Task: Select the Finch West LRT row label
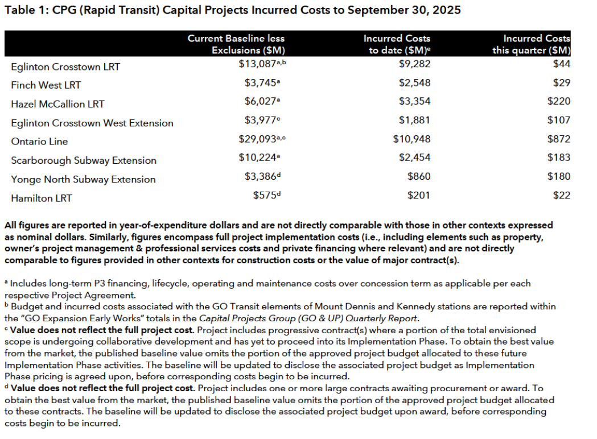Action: click(46, 85)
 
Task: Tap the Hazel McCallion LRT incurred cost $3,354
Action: click(415, 101)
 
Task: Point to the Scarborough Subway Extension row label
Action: click(84, 160)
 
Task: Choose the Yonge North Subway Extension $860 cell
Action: click(419, 176)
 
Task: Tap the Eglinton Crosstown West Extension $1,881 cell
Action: click(415, 120)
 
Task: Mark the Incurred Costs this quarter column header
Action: click(532, 44)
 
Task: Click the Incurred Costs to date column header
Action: click(397, 44)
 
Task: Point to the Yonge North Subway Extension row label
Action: click(83, 180)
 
